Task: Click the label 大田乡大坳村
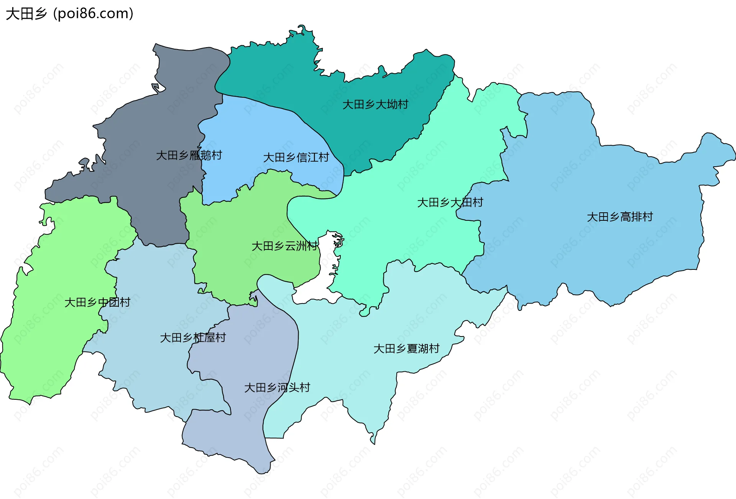click(375, 104)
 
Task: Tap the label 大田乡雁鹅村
click(189, 155)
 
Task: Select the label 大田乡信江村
click(296, 157)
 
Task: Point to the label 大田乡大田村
click(450, 202)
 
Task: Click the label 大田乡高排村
click(620, 217)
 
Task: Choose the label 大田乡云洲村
click(284, 246)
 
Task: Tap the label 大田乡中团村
click(97, 302)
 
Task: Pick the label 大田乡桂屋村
click(193, 338)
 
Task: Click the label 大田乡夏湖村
click(406, 349)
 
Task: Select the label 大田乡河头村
click(277, 387)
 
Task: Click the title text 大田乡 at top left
click(26, 14)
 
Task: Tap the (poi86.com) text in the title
click(93, 14)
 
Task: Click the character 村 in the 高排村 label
click(648, 217)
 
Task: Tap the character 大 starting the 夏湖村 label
click(379, 349)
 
